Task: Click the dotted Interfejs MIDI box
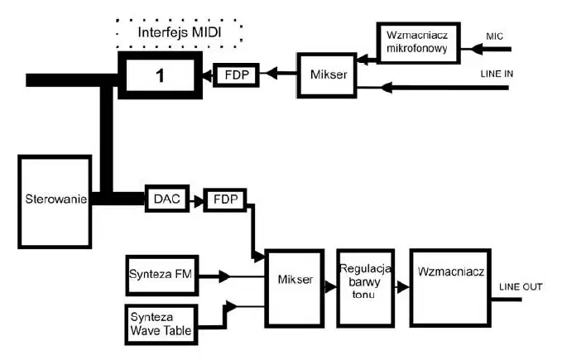179,32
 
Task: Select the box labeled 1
161,75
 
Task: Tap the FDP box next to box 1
236,74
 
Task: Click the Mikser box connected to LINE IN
327,75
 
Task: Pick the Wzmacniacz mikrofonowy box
418,43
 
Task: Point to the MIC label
494,36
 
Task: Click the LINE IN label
497,74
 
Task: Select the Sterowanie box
55,202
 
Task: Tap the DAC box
167,199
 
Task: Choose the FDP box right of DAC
225,199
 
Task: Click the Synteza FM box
162,275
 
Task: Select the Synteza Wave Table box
161,324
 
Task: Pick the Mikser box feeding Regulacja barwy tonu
295,288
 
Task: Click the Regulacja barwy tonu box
366,288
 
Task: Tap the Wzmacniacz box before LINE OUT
450,288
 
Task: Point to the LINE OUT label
521,286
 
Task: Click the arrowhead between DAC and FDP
198,201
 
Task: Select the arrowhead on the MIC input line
477,49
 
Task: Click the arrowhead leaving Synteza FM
224,276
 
